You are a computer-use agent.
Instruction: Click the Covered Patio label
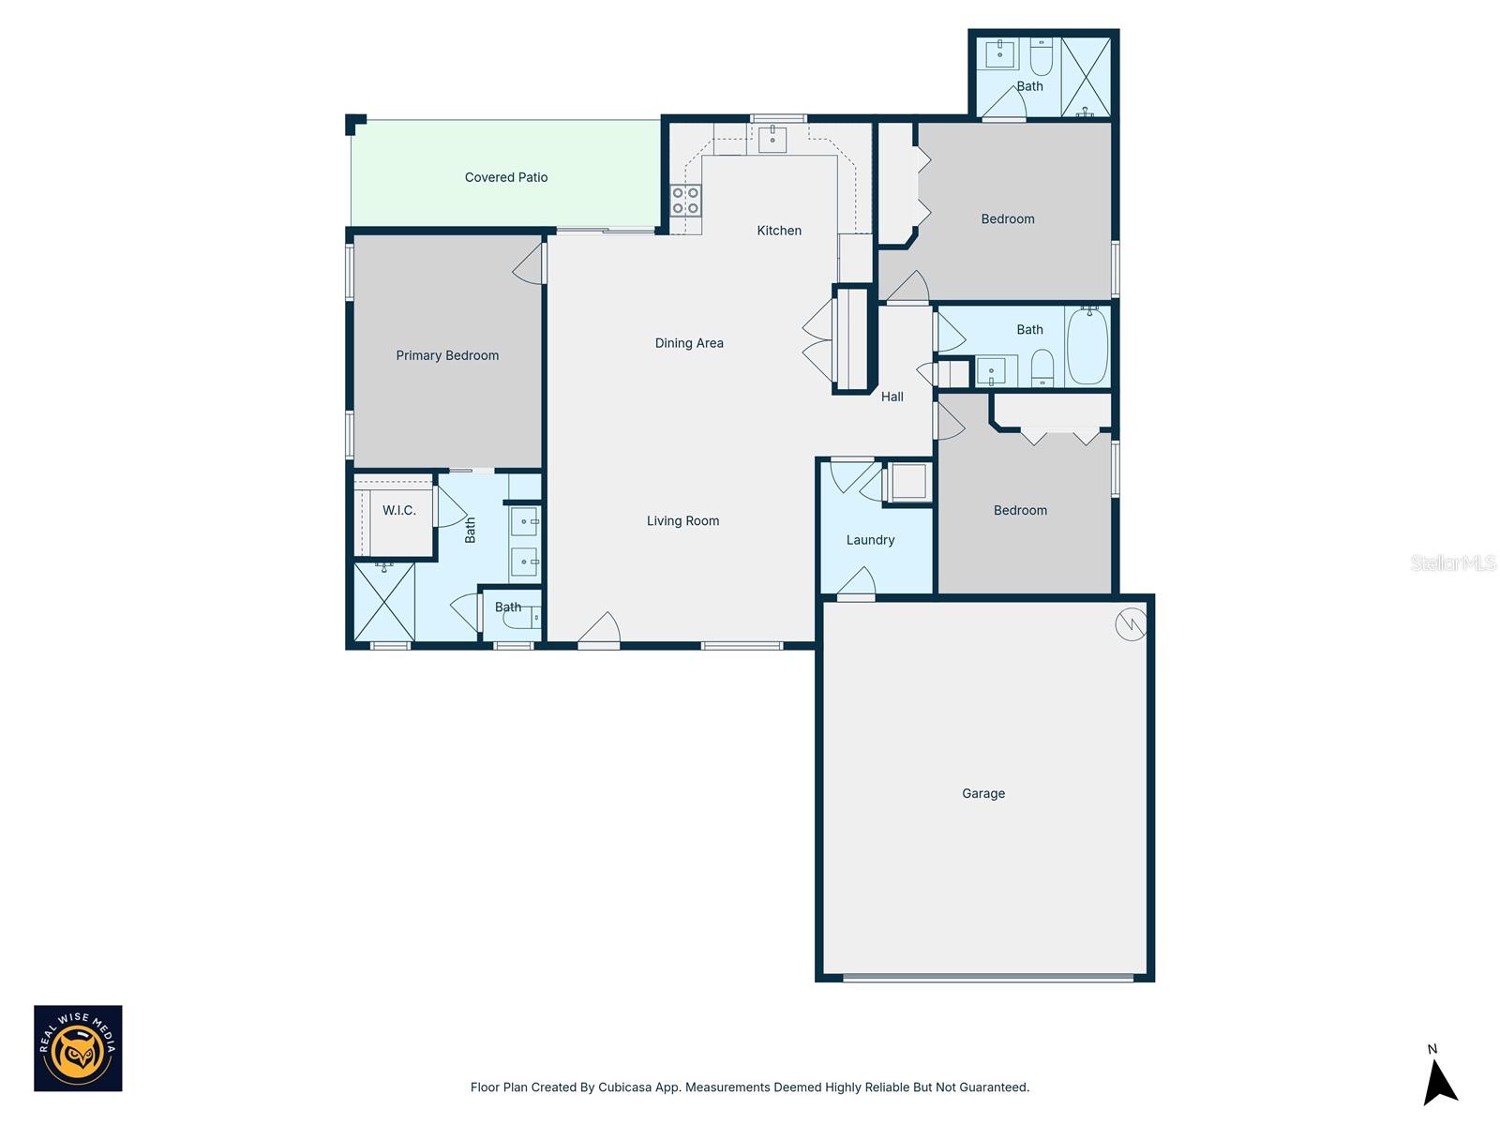pos(506,177)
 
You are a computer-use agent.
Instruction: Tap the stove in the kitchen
pos(685,201)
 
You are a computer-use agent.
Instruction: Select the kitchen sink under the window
pos(772,140)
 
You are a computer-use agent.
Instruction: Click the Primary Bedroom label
pos(447,355)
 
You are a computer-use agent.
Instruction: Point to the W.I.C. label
pos(399,511)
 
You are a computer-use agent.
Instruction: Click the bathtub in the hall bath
pos(1087,346)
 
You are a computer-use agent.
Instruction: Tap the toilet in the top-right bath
pos(1042,58)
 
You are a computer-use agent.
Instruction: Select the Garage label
pos(983,793)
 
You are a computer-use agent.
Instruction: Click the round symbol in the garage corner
pos(1131,624)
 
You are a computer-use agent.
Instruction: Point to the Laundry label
pos(870,540)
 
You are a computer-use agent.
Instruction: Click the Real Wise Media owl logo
pos(79,1048)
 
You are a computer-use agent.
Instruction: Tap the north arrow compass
pos(1438,1081)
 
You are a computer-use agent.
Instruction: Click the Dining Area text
pos(689,343)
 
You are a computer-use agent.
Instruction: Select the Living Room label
pos(682,521)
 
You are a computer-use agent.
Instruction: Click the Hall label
pos(892,397)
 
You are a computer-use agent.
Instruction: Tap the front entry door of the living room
pos(599,631)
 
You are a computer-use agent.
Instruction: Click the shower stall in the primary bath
pos(384,601)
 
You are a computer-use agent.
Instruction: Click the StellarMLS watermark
pos(1453,562)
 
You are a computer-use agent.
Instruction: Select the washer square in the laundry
pos(907,483)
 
